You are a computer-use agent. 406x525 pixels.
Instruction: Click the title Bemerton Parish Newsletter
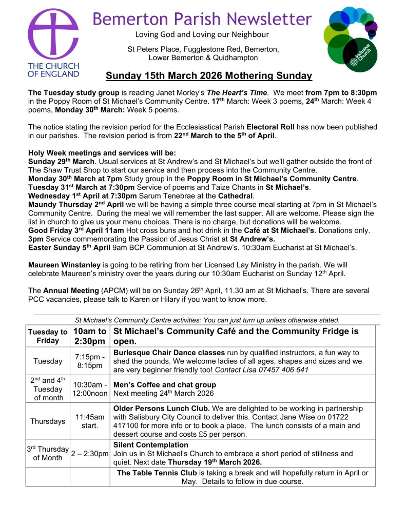[x=202, y=19]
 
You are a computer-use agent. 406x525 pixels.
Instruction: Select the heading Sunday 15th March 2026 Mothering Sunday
[x=209, y=76]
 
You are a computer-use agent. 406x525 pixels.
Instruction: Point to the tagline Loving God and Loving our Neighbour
[x=202, y=35]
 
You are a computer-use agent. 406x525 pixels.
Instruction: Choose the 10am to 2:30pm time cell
[x=90, y=336]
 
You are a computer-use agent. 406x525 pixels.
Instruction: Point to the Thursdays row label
[x=47, y=421]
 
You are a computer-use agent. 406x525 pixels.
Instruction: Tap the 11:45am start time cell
[x=90, y=421]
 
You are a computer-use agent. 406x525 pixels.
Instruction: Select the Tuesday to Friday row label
[x=47, y=336]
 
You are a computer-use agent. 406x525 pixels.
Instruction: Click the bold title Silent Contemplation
[x=150, y=445]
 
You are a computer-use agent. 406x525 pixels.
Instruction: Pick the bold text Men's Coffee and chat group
[x=164, y=384]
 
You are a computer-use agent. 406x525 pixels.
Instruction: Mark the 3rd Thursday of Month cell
[x=47, y=454]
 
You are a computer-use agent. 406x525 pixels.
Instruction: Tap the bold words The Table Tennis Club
[x=156, y=473]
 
